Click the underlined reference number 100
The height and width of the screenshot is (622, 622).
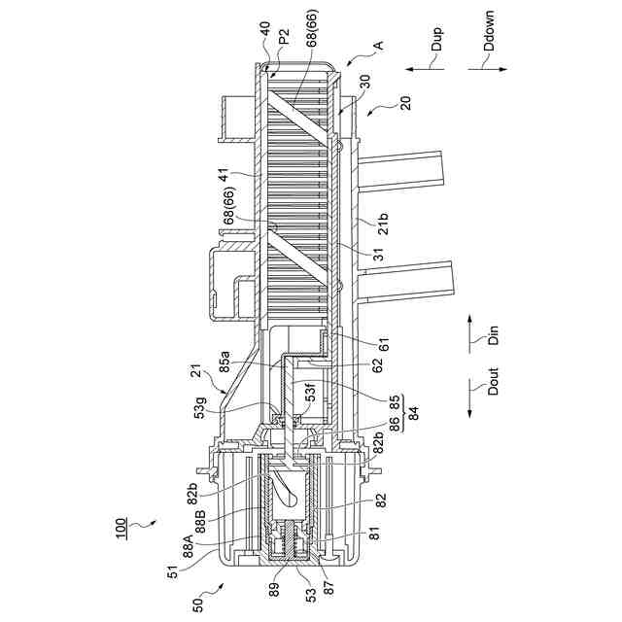[x=121, y=529]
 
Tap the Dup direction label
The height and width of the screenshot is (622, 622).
[x=436, y=39]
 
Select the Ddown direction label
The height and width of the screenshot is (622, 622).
[x=490, y=30]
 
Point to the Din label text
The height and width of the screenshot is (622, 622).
[x=493, y=335]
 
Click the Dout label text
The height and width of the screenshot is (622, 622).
[x=493, y=381]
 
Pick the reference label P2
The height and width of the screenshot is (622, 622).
[x=284, y=37]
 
